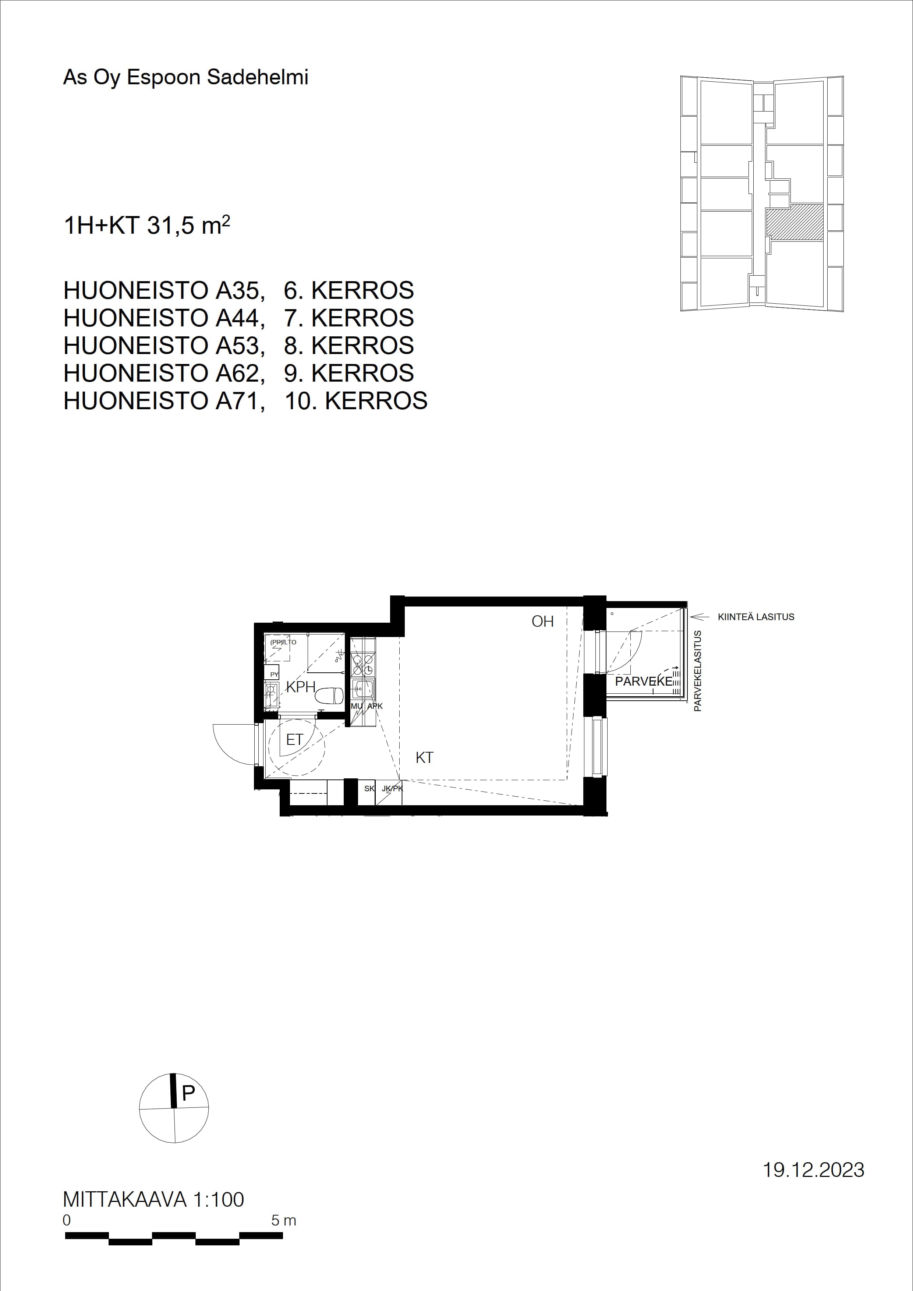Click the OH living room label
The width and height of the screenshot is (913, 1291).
(542, 621)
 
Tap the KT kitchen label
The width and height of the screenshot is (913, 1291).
(424, 757)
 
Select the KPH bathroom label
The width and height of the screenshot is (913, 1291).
(301, 687)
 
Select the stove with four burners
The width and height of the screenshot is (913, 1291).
(362, 664)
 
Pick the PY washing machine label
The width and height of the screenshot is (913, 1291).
(275, 674)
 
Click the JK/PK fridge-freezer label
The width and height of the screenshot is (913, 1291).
(392, 788)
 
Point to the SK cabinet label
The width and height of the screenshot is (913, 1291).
(369, 788)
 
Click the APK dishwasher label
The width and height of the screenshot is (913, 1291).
(375, 706)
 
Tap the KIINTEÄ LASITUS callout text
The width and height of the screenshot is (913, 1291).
(756, 617)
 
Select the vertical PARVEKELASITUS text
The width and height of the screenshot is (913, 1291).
(698, 671)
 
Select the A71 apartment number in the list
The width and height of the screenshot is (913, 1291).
(240, 401)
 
